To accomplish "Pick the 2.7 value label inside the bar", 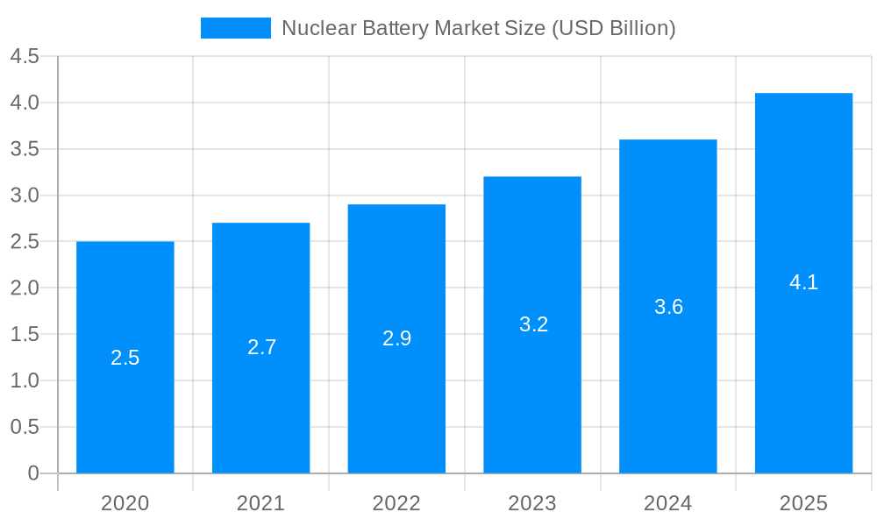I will tap(261, 347).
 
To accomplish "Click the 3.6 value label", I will tap(668, 307).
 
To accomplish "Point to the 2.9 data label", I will tap(396, 338).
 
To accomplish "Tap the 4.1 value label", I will tap(803, 282).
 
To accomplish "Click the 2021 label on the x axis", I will tap(260, 503).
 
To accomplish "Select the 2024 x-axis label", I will tap(667, 503).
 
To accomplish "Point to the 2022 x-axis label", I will tap(396, 503).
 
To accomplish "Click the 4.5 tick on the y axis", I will tap(25, 57).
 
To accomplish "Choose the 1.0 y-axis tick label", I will tap(25, 380).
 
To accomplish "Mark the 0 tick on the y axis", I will tap(33, 473).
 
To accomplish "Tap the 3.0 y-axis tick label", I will tap(25, 195).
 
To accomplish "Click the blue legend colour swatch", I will tap(235, 28).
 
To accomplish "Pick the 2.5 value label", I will tap(125, 358).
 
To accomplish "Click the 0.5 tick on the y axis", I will tap(25, 427).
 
